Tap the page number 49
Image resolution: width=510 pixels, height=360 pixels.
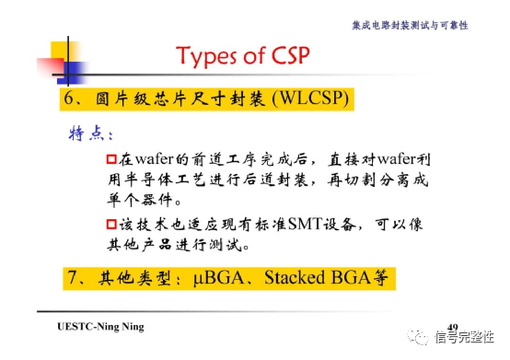pyautogui.click(x=451, y=327)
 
